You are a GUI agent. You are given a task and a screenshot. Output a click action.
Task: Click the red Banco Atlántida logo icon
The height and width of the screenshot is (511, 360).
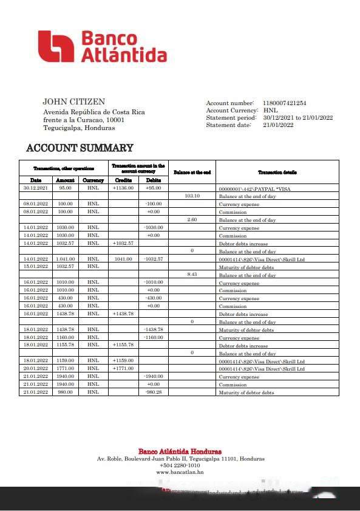[x=56, y=46]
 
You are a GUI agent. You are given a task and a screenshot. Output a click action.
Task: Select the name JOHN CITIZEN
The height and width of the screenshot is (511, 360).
[x=73, y=102]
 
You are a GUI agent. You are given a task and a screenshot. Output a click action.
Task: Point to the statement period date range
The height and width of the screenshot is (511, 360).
[x=297, y=118]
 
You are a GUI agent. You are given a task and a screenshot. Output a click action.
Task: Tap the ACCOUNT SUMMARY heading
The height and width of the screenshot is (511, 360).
[x=80, y=148]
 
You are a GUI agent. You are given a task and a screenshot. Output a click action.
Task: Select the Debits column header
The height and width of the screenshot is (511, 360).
[x=154, y=180]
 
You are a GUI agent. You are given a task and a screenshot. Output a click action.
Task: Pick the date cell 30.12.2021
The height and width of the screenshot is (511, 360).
[x=35, y=188]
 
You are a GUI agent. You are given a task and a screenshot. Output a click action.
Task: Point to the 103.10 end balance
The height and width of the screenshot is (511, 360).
[x=192, y=196]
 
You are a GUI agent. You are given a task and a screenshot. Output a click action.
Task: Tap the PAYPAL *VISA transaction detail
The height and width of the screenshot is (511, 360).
[x=254, y=189]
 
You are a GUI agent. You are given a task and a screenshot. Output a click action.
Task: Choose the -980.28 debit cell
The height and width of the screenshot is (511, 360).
[x=154, y=393]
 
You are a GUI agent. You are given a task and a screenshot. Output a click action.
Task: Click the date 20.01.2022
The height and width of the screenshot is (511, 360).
[x=35, y=369]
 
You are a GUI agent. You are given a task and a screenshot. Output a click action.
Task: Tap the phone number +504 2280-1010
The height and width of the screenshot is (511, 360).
[x=180, y=465]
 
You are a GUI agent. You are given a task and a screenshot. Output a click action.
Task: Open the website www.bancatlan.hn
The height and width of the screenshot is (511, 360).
[x=180, y=472]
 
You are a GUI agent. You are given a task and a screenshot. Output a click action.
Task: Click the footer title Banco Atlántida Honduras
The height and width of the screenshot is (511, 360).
[x=180, y=451]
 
